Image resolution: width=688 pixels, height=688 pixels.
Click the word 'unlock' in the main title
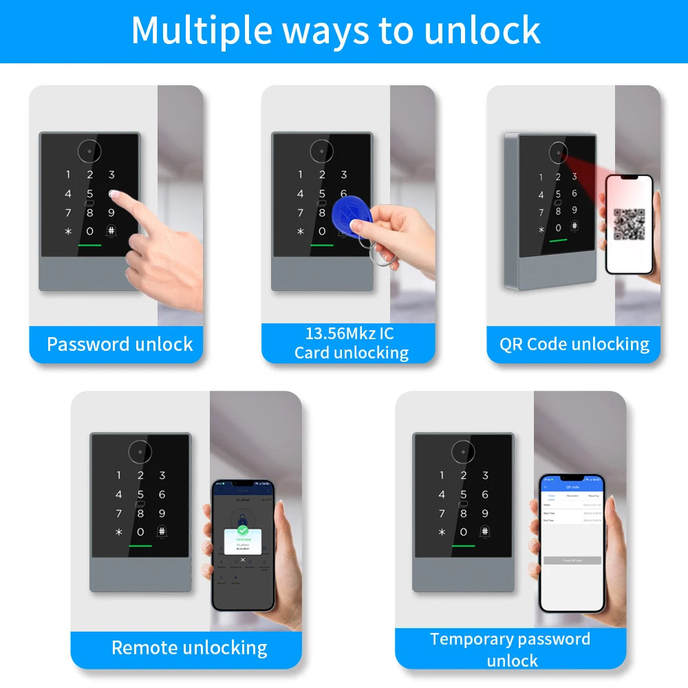482,30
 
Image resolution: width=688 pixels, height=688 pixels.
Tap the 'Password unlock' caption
120,344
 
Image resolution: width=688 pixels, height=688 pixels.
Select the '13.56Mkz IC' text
350,334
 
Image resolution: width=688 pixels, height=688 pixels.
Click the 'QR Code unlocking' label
574,344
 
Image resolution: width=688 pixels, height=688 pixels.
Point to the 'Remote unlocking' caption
189,647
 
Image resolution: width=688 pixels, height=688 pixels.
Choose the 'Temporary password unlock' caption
510,649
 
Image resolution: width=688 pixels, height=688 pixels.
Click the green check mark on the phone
242,530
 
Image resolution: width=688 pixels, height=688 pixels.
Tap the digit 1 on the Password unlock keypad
68,175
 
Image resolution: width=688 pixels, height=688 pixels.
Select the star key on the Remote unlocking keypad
118,533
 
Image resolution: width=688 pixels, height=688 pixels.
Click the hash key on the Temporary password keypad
484,532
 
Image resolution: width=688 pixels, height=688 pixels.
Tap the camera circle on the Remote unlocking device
140,451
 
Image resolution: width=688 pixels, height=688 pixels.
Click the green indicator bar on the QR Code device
558,241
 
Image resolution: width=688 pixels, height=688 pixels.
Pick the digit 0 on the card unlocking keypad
322,231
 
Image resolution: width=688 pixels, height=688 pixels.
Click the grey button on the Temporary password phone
572,560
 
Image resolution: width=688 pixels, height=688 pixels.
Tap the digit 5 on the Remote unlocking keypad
140,495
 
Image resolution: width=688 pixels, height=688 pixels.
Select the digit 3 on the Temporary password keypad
485,475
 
